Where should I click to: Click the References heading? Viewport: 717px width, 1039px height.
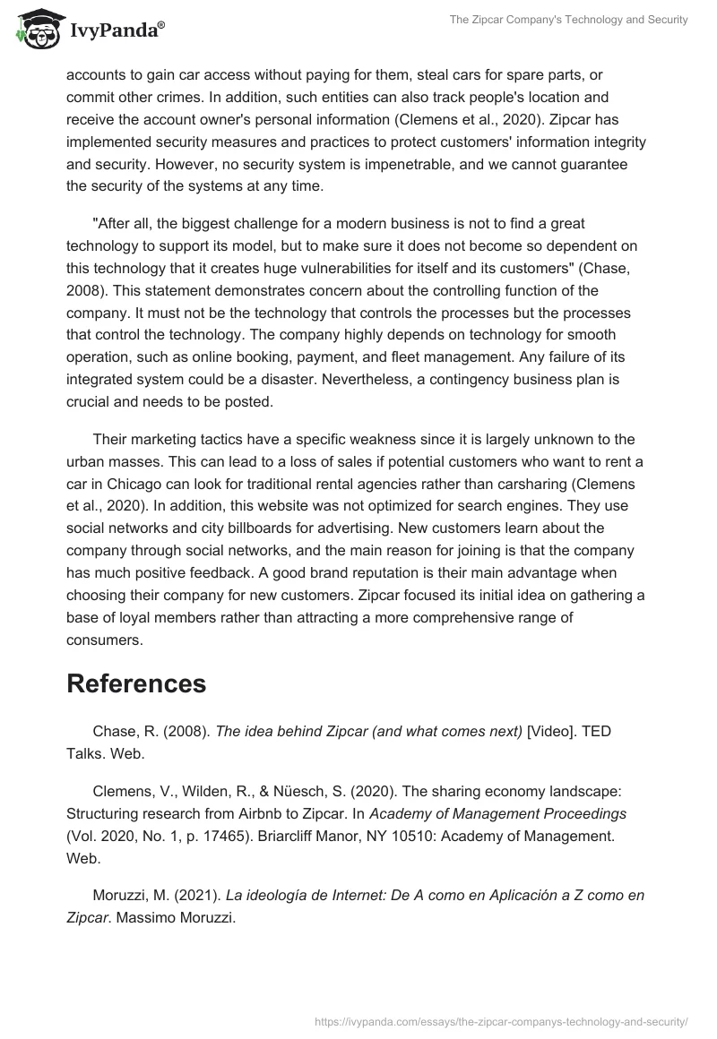pos(136,683)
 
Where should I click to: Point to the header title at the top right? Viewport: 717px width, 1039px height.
pos(570,20)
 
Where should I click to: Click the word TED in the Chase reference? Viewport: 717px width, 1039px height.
pos(596,731)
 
